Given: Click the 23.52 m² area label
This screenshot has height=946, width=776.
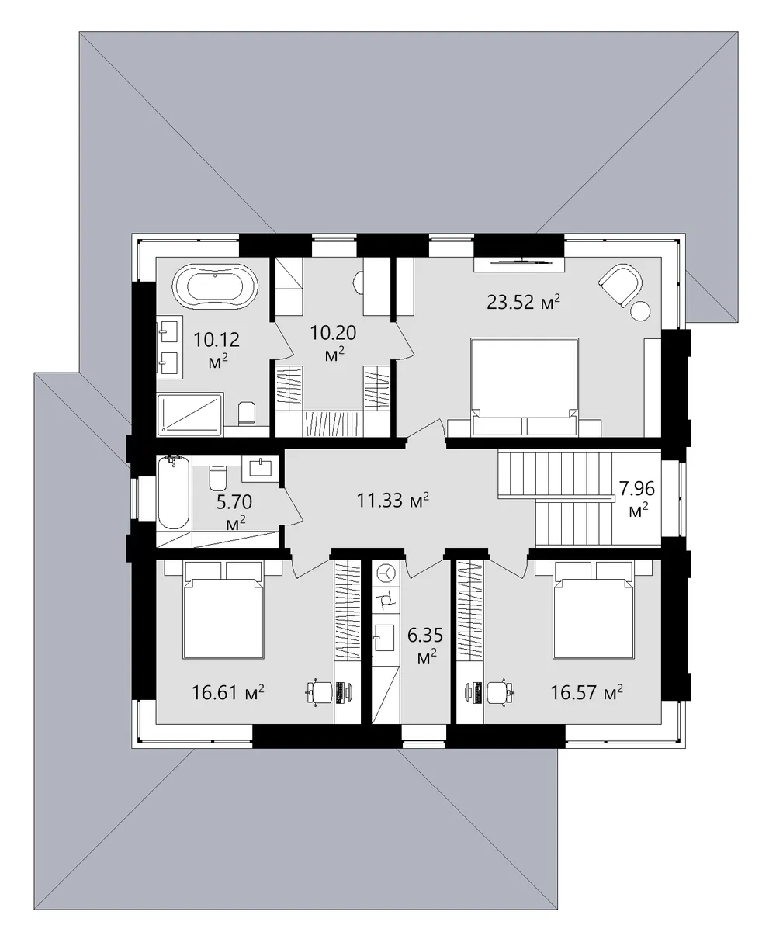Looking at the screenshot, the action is click(524, 303).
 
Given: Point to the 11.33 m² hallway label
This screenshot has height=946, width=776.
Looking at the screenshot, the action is click(393, 500).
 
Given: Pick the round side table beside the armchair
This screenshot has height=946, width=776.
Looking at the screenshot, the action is click(639, 311).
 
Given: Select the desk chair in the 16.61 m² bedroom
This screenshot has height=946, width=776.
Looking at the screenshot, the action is click(320, 692).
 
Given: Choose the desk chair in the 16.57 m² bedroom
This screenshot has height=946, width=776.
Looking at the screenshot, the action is click(498, 692).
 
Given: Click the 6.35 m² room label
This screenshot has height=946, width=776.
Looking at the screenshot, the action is click(425, 646).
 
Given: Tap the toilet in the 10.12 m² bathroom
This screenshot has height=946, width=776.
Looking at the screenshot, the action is click(247, 413).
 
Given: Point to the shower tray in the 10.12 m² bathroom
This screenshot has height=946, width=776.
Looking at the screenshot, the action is click(190, 414).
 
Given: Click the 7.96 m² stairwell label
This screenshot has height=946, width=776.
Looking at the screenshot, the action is click(637, 498).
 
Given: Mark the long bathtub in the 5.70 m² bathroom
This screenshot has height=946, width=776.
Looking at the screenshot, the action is click(174, 492).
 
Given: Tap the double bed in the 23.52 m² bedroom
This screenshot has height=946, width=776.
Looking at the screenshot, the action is click(525, 387).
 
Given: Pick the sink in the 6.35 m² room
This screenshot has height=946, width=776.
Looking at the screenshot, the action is click(383, 637).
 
